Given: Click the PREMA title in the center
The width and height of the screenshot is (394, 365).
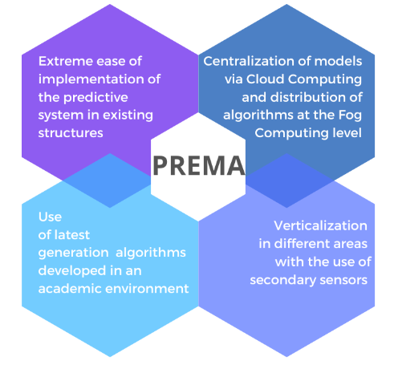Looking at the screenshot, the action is click(199, 166).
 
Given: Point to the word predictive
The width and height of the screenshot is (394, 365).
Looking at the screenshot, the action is click(95, 98).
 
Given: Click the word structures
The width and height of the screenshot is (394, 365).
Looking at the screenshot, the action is click(71, 133).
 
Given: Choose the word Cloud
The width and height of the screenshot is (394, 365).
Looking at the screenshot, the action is click(265, 79).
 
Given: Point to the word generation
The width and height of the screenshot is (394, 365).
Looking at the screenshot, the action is click(73, 253).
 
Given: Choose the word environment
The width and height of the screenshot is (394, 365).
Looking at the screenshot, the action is click(147, 289).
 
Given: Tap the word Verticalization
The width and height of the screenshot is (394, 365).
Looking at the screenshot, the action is click(320, 226).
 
